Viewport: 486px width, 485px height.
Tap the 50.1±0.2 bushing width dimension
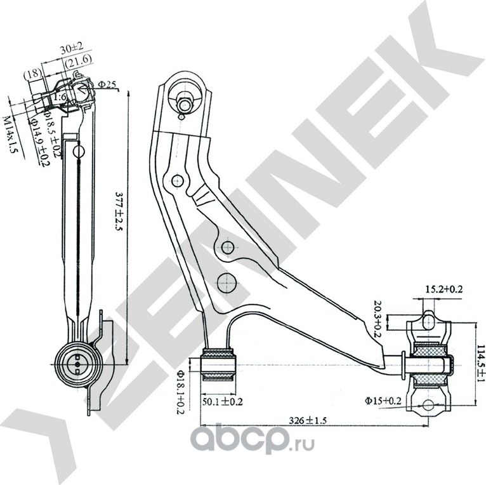point(222,401)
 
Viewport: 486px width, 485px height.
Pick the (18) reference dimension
point(32,73)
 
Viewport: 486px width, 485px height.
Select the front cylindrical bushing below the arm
point(219,364)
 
